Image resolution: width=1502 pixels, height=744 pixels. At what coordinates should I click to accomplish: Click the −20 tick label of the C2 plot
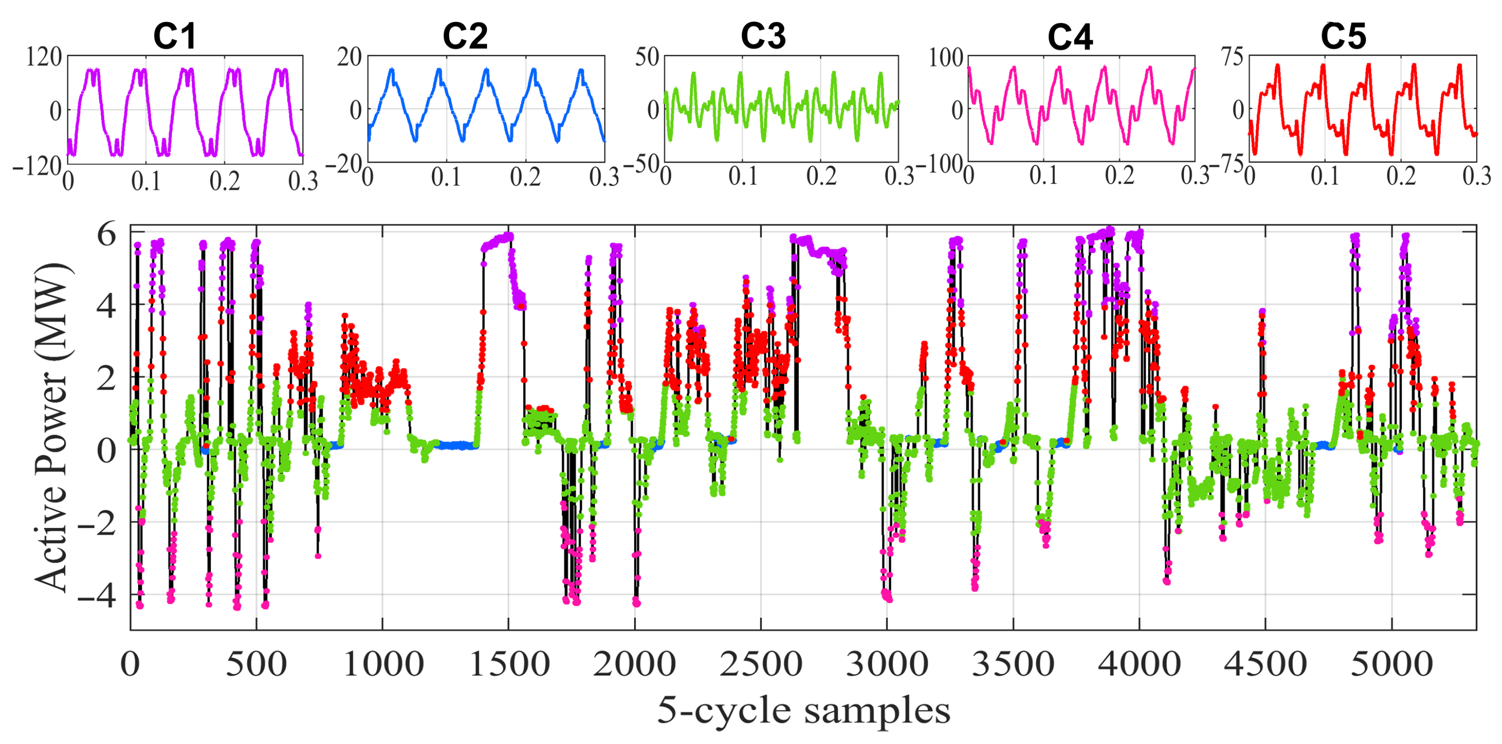343,165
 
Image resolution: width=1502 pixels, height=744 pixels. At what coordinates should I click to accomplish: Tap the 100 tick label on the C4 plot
946,57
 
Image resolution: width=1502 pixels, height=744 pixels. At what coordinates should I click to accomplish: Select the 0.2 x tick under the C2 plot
525,177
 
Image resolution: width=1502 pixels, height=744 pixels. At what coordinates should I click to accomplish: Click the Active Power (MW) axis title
52,428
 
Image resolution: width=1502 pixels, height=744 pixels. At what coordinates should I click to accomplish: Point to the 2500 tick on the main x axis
761,664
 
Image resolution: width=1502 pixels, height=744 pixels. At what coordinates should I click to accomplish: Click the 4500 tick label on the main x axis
1265,664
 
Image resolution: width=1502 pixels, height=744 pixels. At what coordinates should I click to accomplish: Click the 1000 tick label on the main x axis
382,664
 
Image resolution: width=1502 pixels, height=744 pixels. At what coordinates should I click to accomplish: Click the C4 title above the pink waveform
1069,37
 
